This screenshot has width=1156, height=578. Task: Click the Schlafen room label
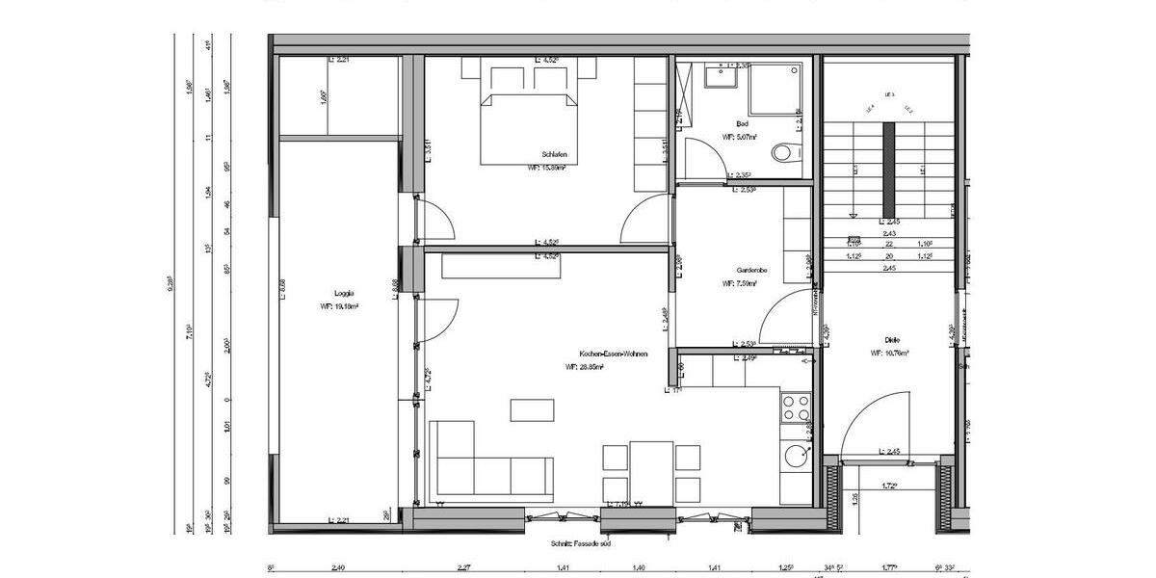tap(552, 154)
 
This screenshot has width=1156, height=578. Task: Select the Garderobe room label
tap(750, 271)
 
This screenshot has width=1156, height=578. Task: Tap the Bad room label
tap(742, 124)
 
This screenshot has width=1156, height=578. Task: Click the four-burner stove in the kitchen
tap(796, 408)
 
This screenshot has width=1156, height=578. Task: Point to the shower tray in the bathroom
tap(775, 92)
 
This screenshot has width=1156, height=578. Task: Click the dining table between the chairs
tap(651, 471)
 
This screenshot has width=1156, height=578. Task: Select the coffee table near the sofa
tap(532, 409)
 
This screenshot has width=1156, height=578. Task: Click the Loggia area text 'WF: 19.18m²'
tap(339, 307)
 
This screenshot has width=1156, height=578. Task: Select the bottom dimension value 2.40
tap(337, 568)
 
